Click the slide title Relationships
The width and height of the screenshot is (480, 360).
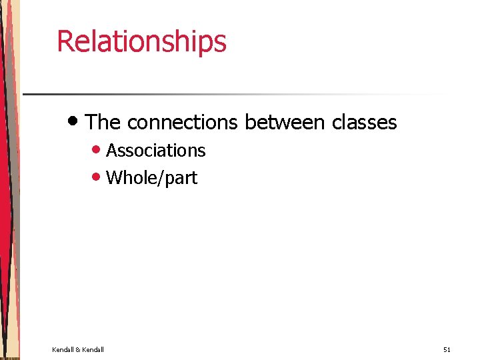141,41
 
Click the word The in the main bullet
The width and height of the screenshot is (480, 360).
103,123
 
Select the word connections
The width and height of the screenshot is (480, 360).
182,123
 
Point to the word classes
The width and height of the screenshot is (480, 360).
364,123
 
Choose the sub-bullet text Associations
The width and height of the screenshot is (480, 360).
155,151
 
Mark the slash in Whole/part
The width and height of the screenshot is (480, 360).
161,178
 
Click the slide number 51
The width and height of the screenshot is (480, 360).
447,349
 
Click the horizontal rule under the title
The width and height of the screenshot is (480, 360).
233,94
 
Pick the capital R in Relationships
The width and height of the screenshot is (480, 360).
64,41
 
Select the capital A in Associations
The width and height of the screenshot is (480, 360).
111,151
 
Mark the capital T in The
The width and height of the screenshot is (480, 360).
93,123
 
